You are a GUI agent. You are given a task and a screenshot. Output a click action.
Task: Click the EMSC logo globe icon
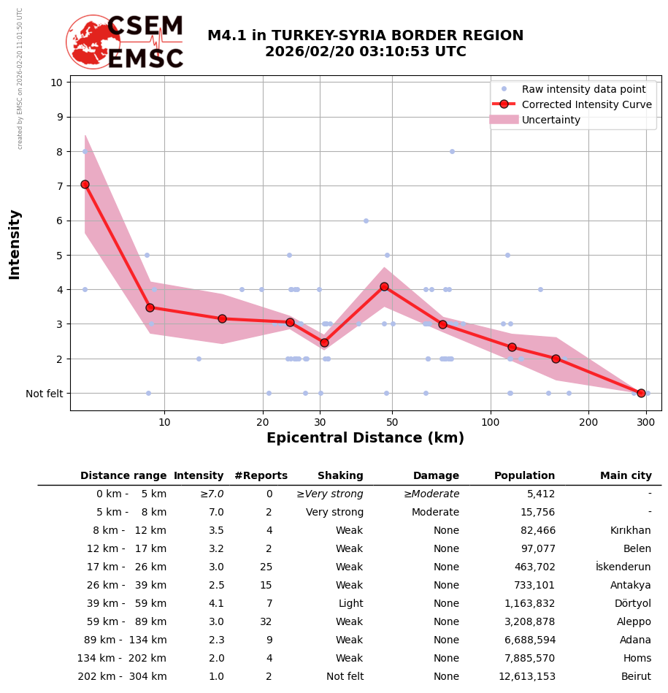(93, 42)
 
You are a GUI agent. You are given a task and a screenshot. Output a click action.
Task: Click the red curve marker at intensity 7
(85, 184)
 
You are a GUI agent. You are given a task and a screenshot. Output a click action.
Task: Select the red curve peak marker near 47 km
(384, 286)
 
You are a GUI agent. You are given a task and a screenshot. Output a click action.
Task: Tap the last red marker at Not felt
(641, 393)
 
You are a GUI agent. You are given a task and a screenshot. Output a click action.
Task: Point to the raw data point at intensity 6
(366, 221)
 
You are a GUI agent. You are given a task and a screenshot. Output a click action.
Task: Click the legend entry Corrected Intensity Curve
(586, 104)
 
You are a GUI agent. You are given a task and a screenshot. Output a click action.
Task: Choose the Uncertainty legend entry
(550, 120)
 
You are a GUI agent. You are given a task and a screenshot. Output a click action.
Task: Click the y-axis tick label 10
(56, 83)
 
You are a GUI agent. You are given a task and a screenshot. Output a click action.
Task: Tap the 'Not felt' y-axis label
(44, 394)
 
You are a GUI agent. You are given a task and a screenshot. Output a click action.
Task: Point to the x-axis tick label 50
(392, 421)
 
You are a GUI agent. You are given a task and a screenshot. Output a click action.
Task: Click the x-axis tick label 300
(645, 421)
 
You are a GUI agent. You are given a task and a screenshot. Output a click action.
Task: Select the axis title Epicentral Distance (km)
(365, 438)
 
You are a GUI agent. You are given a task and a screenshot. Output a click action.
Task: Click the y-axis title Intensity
(15, 244)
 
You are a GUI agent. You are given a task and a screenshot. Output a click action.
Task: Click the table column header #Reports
(261, 476)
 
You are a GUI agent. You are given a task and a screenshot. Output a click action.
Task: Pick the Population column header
(524, 476)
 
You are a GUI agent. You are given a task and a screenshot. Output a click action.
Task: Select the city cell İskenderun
(623, 567)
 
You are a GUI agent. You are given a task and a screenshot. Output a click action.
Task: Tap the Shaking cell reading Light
(350, 604)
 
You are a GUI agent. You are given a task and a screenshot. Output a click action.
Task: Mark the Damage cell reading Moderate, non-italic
(435, 513)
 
